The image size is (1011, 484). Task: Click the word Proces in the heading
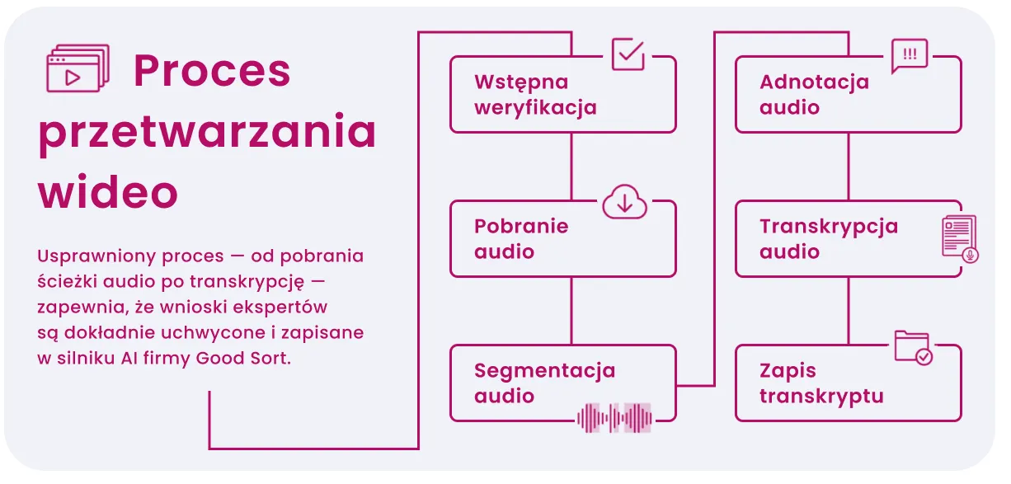click(x=212, y=71)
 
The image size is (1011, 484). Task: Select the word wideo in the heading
click(x=108, y=193)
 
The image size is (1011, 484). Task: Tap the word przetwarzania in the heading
click(x=207, y=132)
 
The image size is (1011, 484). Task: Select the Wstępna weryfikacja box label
click(x=535, y=95)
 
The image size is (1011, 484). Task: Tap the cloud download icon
click(x=625, y=201)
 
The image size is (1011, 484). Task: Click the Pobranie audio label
click(x=521, y=239)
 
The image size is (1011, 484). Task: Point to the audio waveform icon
click(x=614, y=417)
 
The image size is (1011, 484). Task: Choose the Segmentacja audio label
click(x=544, y=383)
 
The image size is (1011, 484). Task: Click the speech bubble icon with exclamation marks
click(x=910, y=56)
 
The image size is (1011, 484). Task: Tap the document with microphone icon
click(x=960, y=238)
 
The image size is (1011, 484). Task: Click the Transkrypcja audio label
click(x=829, y=239)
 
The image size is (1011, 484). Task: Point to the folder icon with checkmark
click(x=913, y=347)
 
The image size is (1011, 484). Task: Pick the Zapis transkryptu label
click(x=821, y=383)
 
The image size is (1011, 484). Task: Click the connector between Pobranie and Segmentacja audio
click(x=571, y=311)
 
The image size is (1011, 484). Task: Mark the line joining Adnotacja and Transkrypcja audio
click(x=849, y=167)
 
